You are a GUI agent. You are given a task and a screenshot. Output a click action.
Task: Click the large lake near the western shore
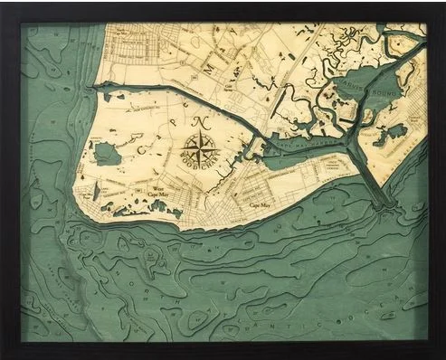point(106,153)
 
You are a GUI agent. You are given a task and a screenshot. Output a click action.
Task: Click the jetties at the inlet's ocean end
point(384,204)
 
